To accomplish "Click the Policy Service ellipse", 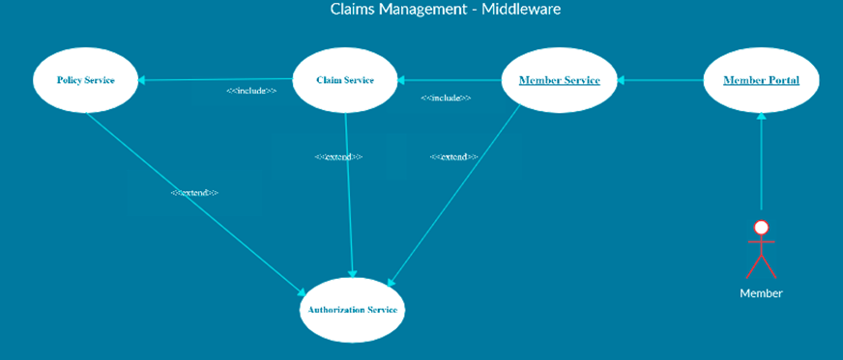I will [85, 80].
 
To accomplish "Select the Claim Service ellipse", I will [345, 80].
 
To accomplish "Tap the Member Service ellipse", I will [559, 80].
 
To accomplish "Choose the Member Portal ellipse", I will [761, 80].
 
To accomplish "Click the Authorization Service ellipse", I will [352, 310].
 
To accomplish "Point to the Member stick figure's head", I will [761, 228].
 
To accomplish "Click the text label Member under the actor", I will [761, 293].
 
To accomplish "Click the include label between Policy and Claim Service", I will [251, 91].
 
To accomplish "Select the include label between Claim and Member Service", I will [446, 97].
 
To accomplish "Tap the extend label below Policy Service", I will [194, 193].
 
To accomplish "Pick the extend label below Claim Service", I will [338, 156].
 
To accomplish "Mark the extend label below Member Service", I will [453, 156].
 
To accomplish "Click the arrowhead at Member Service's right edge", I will [623, 80].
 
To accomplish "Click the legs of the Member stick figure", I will [761, 266].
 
